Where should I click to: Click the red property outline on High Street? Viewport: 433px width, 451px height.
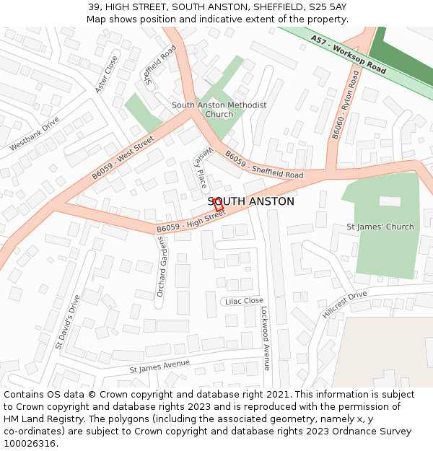click(219, 204)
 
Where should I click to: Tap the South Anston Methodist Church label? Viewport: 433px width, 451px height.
click(219, 110)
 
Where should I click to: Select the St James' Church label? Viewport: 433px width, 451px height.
click(380, 227)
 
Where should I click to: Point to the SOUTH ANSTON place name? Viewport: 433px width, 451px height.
click(251, 201)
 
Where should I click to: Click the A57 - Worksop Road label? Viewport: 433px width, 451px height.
click(349, 55)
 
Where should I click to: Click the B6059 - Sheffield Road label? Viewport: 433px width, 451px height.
click(264, 165)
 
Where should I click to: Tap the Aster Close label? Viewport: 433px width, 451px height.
click(106, 75)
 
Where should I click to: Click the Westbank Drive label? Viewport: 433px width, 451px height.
click(35, 134)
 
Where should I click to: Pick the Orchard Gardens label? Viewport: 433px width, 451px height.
click(162, 266)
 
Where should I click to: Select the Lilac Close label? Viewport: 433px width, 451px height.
click(244, 301)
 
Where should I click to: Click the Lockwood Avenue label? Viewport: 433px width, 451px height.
click(265, 337)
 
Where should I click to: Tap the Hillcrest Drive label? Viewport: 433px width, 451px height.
click(345, 305)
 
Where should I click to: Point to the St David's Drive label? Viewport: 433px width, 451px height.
click(66, 322)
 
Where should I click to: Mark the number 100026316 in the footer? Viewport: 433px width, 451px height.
click(31, 443)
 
